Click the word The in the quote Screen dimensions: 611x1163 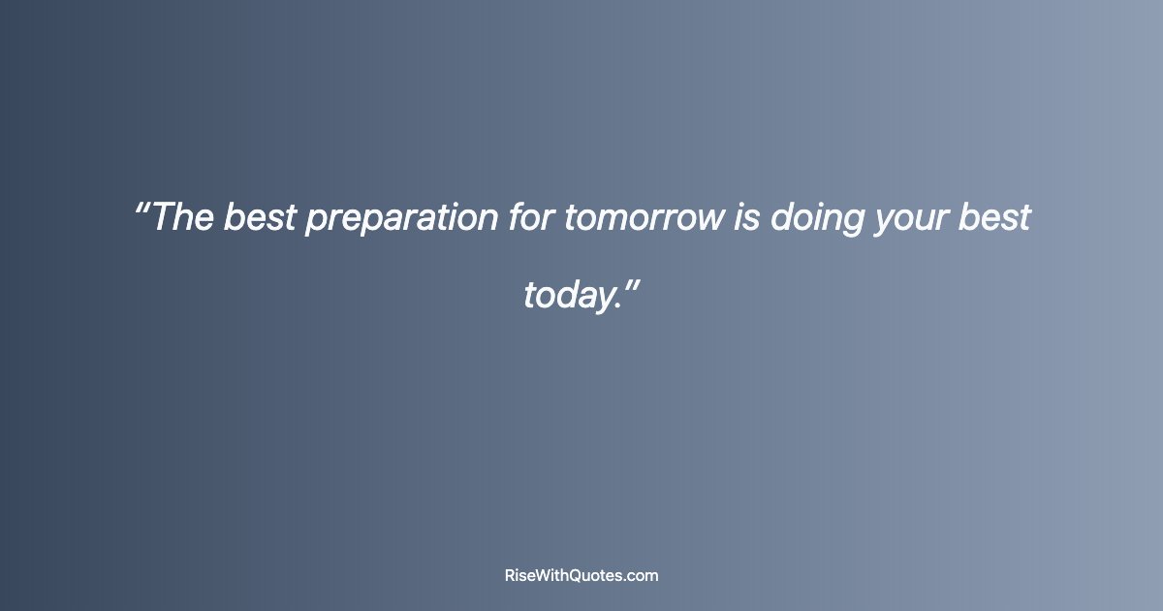point(183,217)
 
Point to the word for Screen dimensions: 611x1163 point(531,217)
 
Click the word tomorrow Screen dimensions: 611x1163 point(644,217)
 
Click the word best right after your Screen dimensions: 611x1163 point(993,217)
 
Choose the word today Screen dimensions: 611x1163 point(567,295)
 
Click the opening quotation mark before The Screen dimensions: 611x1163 point(141,208)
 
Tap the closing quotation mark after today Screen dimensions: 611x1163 point(630,285)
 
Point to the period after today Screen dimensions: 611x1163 point(616,306)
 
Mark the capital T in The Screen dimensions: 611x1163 point(162,217)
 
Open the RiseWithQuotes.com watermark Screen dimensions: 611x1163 point(581,575)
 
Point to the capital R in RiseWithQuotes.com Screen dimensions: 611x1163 point(511,575)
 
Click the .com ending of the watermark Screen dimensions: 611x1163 point(642,575)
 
